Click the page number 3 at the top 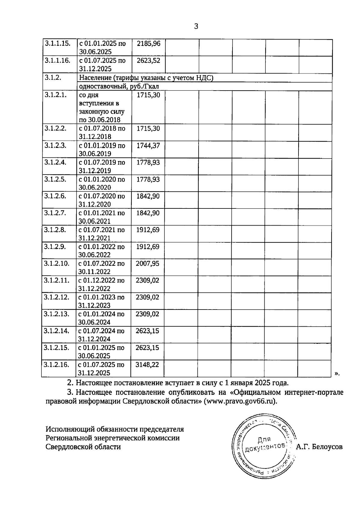click(196, 26)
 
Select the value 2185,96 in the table click(148, 44)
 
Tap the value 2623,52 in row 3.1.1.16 click(148, 61)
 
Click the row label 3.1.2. click(53, 78)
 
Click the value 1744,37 click(148, 145)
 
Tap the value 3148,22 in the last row click(147, 365)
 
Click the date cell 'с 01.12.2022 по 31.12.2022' click(101, 284)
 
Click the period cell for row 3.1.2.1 click(101, 107)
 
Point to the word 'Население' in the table click(93, 78)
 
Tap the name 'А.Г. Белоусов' click(319, 447)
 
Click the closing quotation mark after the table click(337, 373)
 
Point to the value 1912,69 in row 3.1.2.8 click(148, 230)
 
